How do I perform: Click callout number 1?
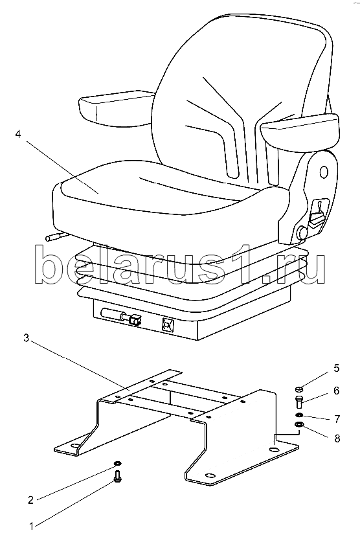(32, 526)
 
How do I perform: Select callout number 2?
(31, 500)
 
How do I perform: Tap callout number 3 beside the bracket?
(27, 338)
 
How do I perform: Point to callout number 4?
(18, 134)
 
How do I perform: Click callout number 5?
(337, 368)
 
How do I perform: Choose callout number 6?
(337, 391)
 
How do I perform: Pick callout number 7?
(337, 418)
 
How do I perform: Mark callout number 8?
(337, 438)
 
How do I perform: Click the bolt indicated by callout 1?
(117, 476)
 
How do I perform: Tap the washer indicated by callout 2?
(117, 463)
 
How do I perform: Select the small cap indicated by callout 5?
(298, 389)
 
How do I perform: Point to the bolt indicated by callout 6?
(298, 402)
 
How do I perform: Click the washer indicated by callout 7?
(299, 415)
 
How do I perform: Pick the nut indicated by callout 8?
(299, 425)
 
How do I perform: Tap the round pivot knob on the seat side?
(302, 233)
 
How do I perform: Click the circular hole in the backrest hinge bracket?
(324, 172)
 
